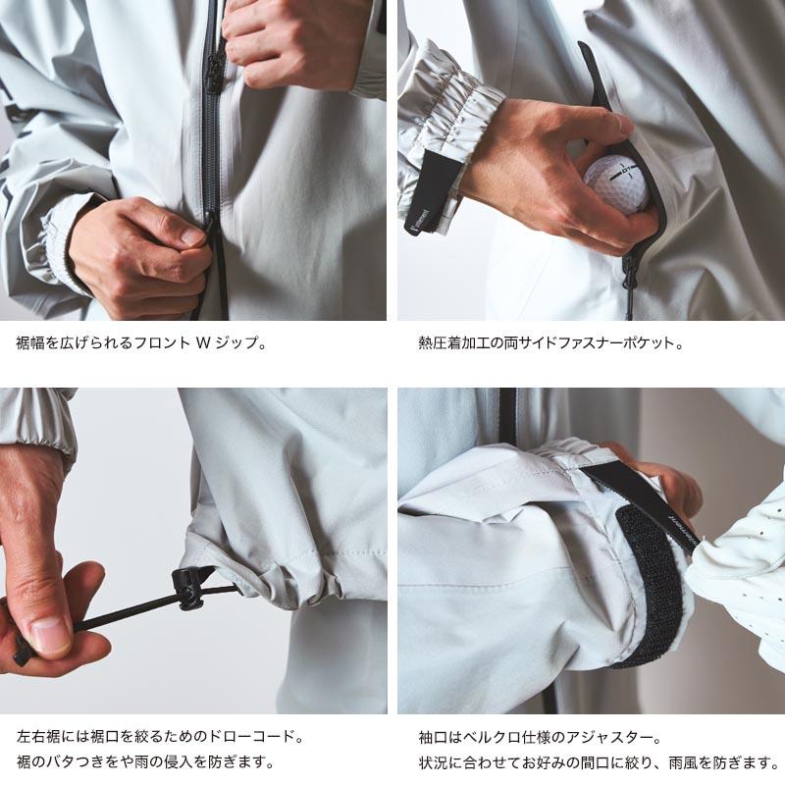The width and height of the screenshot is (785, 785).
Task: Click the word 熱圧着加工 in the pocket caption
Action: click(451, 344)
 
